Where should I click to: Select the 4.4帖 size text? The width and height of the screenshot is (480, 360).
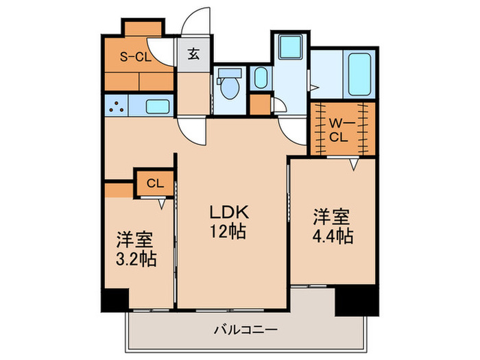coord(332,236)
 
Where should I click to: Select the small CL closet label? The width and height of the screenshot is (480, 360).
coord(154,183)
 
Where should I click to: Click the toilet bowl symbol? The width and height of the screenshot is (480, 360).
coord(230,85)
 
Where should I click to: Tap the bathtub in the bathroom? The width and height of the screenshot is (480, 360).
coord(358,74)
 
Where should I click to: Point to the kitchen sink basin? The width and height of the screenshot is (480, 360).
coord(158,106)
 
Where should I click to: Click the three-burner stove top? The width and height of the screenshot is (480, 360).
coord(117,106)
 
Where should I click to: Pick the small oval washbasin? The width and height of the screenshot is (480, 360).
coord(260,77)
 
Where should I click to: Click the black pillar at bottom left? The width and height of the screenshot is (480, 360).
coord(115,299)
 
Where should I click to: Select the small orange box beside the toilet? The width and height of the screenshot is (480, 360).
coord(259,104)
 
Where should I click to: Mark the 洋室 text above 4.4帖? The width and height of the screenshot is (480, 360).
coord(332,217)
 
